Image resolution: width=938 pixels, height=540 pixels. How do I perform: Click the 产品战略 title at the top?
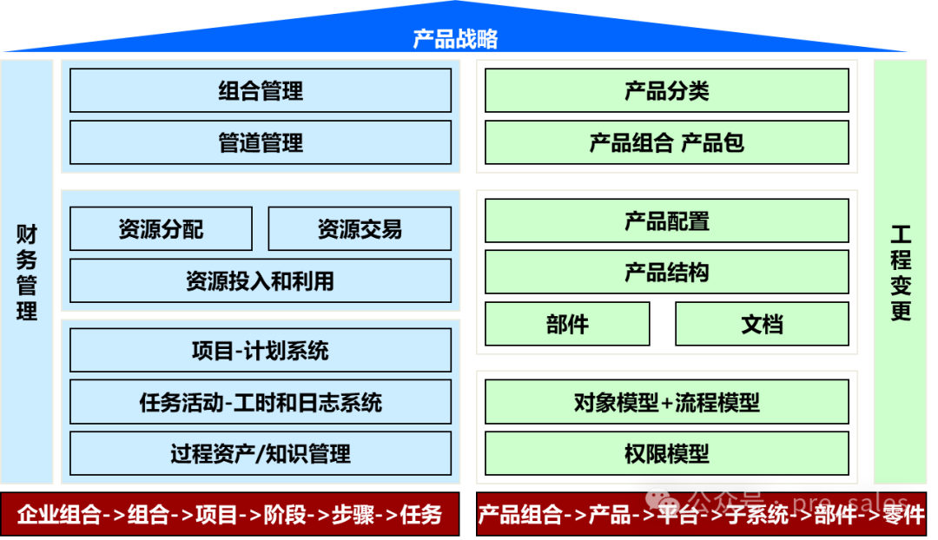point(455,39)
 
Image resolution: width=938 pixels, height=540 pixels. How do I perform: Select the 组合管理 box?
point(261,91)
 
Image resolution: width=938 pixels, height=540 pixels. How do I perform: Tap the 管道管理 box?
point(261,142)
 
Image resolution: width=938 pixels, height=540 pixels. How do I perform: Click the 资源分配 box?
point(161,229)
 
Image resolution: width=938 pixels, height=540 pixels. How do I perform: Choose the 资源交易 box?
point(360,229)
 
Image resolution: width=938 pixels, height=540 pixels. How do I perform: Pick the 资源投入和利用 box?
point(261,280)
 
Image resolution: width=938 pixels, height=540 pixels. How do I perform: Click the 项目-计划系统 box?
point(261,351)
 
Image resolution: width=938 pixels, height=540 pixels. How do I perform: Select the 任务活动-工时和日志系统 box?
point(261,402)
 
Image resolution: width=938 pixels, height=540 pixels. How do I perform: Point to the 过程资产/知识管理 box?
point(261,453)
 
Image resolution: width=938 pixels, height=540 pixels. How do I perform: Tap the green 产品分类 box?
point(666,91)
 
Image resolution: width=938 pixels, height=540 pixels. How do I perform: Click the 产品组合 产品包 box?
point(666,142)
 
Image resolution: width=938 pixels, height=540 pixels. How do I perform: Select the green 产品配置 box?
point(666,221)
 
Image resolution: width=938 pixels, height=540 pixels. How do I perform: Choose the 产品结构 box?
point(666,273)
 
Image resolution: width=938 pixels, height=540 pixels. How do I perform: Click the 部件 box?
point(567,325)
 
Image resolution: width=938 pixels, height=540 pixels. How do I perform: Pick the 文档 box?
point(762,325)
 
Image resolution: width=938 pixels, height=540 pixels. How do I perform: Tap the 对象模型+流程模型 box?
point(666,402)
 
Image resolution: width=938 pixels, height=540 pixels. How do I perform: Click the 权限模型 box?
point(666,453)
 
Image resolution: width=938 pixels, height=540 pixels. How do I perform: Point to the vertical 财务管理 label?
point(27,273)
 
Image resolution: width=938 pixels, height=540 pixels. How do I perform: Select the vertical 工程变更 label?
point(901,273)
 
